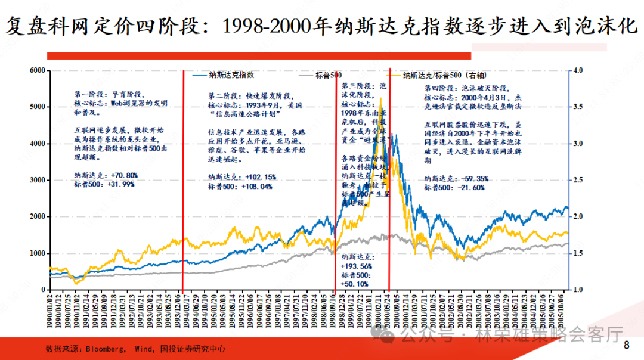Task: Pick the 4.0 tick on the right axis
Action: (x=577, y=70)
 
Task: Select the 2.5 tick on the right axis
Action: (x=577, y=180)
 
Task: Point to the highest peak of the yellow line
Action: (x=380, y=99)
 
